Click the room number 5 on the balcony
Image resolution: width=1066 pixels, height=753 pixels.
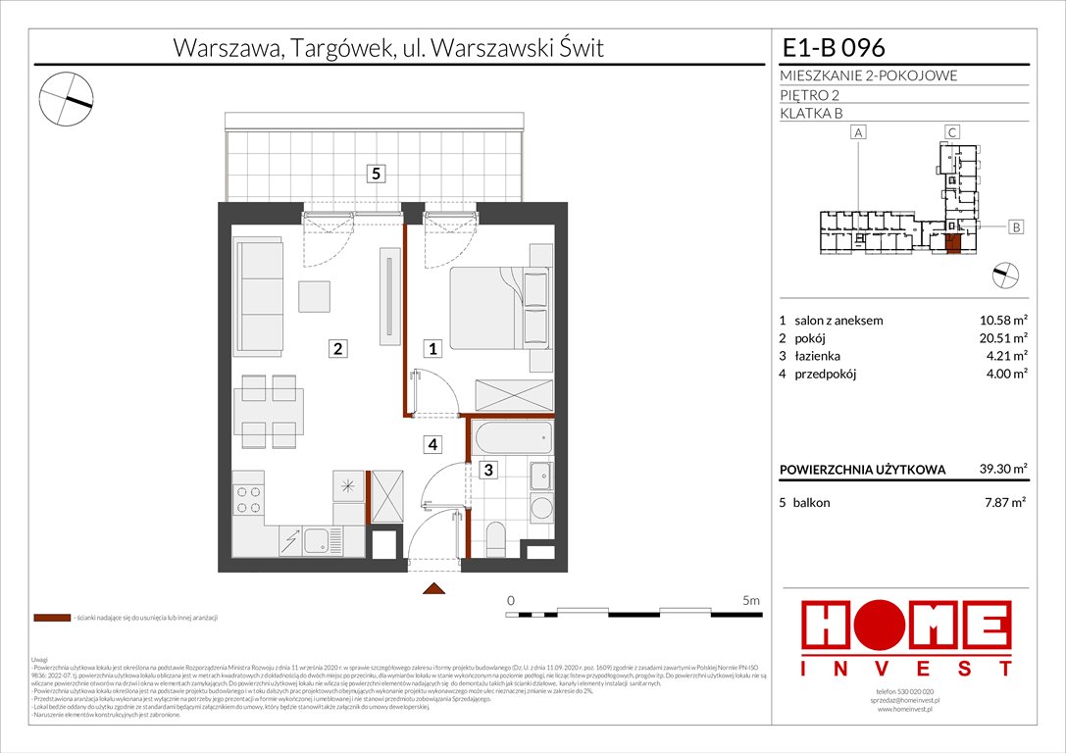coord(377,175)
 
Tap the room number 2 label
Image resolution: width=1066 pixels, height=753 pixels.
coord(337,348)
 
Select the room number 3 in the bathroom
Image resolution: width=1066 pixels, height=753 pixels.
coord(486,471)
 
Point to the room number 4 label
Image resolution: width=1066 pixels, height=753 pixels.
coord(431,444)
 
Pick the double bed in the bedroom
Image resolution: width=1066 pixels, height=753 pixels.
coord(500,305)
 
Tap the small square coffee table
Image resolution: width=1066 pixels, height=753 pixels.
coord(316,295)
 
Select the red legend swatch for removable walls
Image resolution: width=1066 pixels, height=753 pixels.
coord(51,619)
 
